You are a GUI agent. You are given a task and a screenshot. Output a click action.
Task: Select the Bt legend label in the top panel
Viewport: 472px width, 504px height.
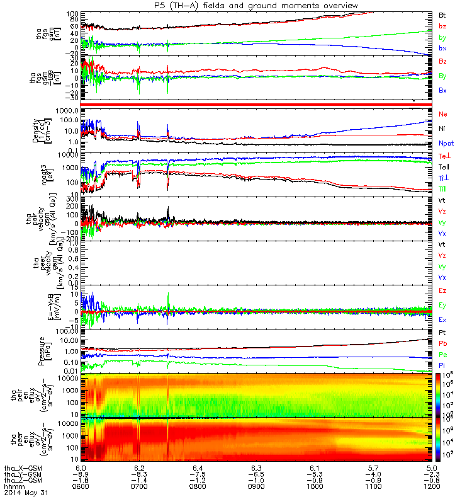point(442,14)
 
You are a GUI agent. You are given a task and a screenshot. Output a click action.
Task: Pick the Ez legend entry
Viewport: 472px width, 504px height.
point(443,291)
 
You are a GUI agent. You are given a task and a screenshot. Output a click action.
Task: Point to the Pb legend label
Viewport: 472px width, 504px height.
point(443,344)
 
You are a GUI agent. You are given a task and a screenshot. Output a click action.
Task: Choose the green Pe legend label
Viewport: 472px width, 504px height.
point(443,355)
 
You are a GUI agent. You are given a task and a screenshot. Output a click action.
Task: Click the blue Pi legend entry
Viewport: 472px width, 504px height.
point(442,366)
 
